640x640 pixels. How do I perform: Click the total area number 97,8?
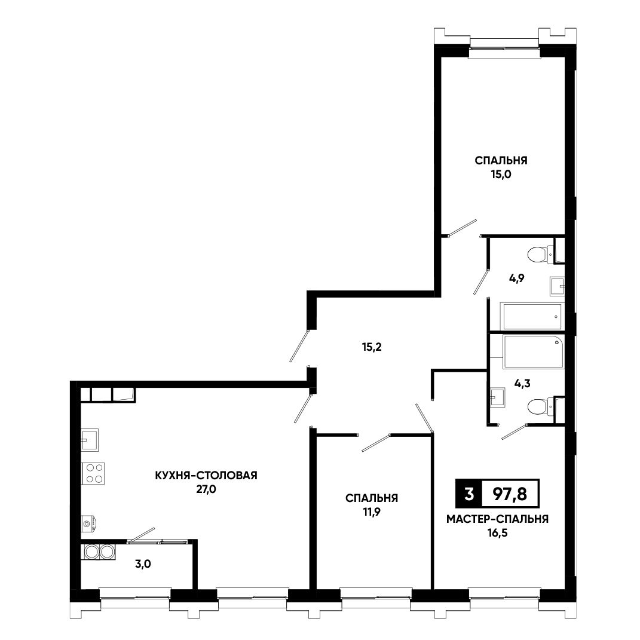(x=510, y=494)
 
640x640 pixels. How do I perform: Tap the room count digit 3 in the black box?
(x=469, y=494)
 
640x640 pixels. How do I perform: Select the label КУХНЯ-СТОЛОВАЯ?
(x=206, y=476)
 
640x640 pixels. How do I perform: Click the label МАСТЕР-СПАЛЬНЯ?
(x=498, y=519)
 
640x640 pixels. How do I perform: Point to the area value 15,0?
(x=501, y=174)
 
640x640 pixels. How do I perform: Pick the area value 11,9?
(x=372, y=512)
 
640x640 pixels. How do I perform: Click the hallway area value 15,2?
(x=372, y=347)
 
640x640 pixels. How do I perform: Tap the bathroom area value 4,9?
(x=516, y=279)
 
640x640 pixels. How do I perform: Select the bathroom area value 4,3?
(x=522, y=384)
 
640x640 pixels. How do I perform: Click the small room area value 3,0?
(x=143, y=565)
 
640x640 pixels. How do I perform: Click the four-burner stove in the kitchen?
(x=93, y=473)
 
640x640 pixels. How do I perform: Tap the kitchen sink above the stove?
(x=90, y=440)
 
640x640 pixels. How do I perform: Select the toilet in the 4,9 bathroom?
(x=541, y=255)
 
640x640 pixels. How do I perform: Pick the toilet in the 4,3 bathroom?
(x=541, y=407)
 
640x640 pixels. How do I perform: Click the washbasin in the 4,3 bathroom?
(x=498, y=397)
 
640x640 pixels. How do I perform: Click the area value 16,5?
(x=498, y=534)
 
